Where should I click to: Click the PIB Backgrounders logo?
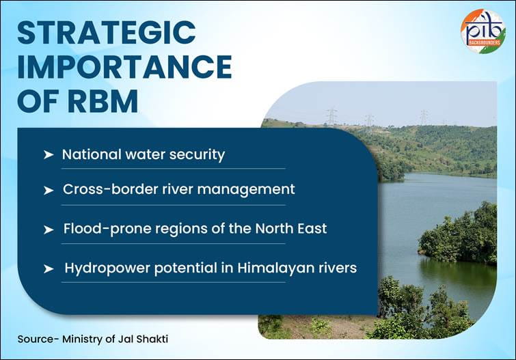[x=483, y=31]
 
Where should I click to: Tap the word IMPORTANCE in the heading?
[x=124, y=67]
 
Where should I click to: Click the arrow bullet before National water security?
[x=48, y=155]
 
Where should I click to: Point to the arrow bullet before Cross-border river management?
[x=48, y=190]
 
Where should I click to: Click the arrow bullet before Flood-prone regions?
[x=48, y=230]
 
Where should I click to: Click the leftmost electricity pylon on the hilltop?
[x=332, y=115]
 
